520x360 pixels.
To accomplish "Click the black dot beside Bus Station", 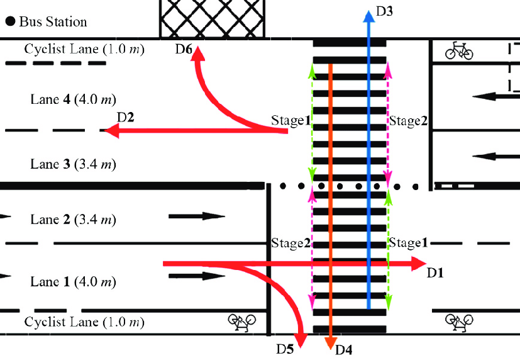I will click(x=10, y=22).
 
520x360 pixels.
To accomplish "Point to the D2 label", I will click(x=126, y=117).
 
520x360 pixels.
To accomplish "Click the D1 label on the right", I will click(x=436, y=273).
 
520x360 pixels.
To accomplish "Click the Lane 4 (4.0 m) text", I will click(x=73, y=99).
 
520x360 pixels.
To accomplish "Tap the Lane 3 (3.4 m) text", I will click(x=73, y=164).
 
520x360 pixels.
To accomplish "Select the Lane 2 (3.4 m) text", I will click(x=73, y=220).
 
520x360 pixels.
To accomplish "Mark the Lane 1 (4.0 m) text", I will click(x=73, y=281).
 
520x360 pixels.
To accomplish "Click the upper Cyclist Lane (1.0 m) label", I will click(x=84, y=49).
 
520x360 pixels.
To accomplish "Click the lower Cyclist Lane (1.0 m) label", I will click(x=84, y=322).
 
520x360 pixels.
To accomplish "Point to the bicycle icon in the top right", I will click(x=459, y=50).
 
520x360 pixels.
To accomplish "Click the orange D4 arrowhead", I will click(x=329, y=342).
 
